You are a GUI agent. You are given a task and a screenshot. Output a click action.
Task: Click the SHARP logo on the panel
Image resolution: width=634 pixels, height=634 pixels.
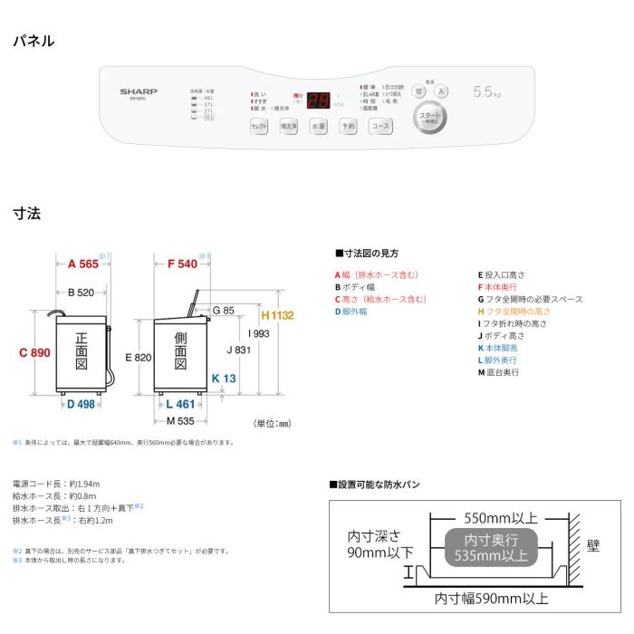coord(139,91)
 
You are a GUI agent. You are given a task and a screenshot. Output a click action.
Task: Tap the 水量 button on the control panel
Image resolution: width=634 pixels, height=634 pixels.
coord(318,128)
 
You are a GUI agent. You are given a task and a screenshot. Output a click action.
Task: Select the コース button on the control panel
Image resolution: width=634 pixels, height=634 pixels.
coord(380,128)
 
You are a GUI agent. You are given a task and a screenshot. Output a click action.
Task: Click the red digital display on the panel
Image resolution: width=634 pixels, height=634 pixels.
coord(317,100)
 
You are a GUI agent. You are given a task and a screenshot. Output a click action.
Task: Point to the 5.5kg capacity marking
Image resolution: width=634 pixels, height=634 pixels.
coord(487,92)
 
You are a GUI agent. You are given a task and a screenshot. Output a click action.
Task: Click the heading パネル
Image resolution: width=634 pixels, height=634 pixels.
coord(34,41)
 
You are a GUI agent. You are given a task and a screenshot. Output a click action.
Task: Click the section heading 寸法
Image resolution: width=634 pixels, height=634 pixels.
coord(26,214)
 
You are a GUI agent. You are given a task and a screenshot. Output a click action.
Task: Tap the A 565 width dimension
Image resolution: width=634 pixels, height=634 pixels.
coord(83,264)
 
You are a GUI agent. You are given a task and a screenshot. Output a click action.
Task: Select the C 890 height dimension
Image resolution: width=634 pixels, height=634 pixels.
coord(34,353)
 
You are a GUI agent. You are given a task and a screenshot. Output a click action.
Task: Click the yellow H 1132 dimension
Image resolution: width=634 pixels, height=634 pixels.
coord(277,316)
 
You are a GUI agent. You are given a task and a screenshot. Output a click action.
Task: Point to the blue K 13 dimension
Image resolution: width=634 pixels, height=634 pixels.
coord(224,379)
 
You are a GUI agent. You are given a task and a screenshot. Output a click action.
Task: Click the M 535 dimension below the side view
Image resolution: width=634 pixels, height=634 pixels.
coord(180,420)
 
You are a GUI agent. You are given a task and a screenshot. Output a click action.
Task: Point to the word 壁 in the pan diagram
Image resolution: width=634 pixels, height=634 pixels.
coord(593,545)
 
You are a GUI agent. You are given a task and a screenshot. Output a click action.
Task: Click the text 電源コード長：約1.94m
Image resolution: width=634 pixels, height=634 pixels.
coord(56,484)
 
